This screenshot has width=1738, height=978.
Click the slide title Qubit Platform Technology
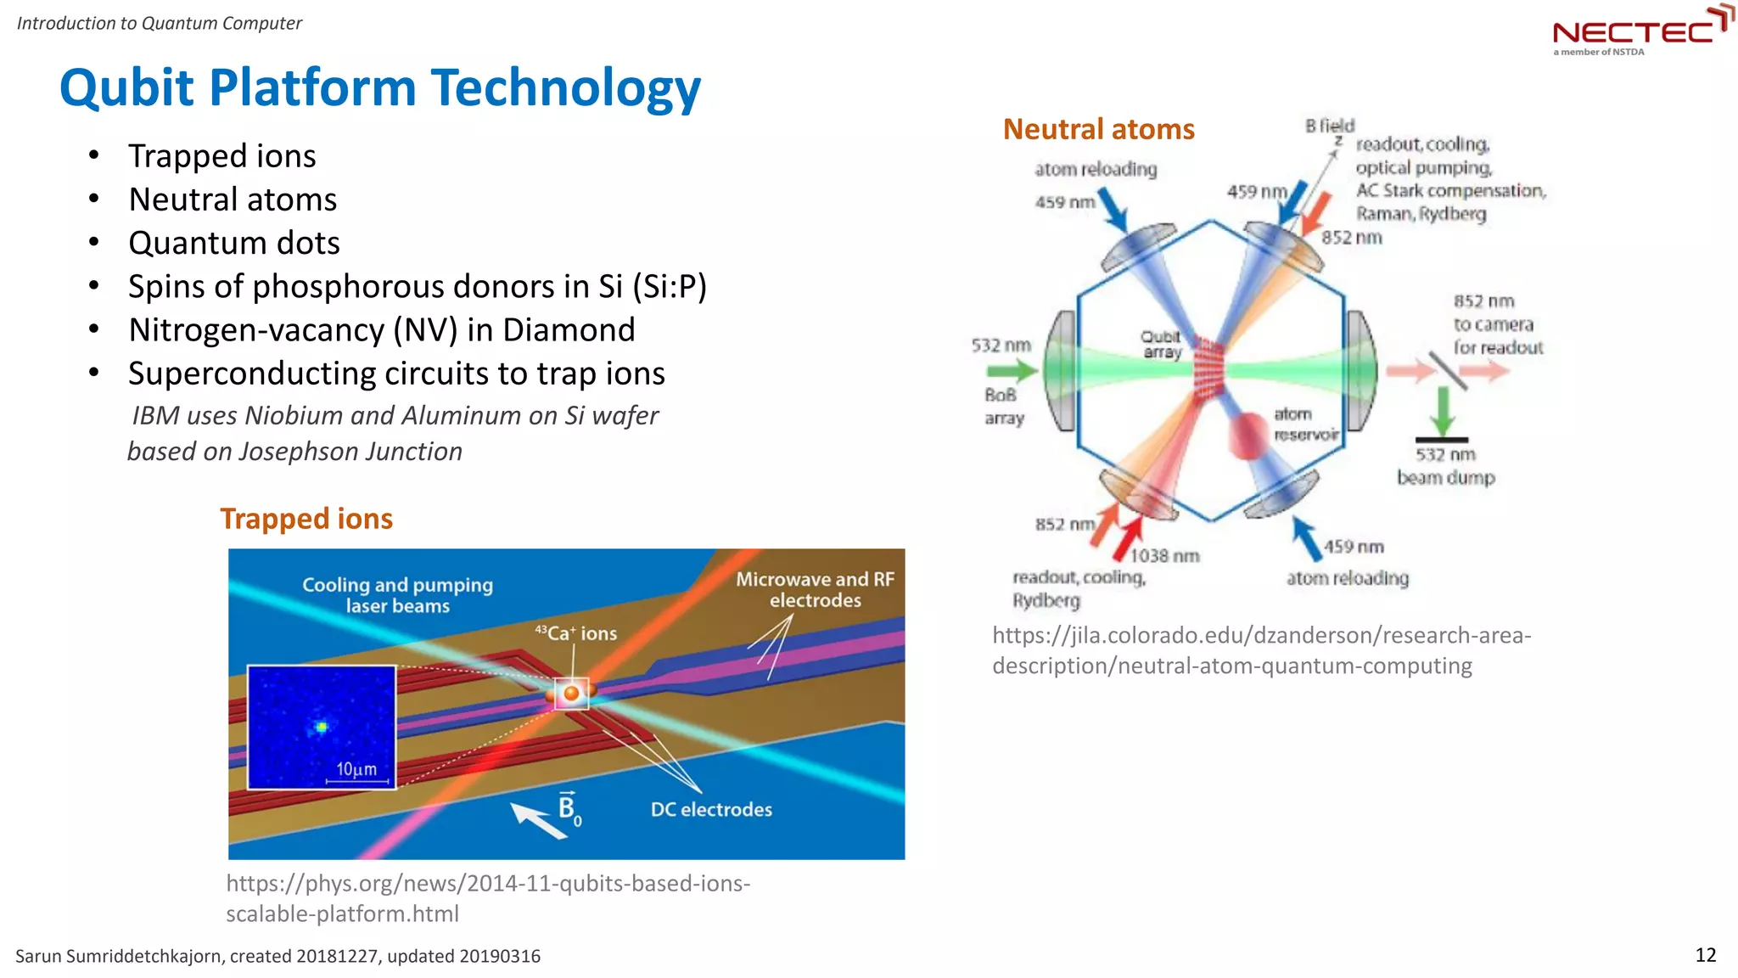click(x=379, y=87)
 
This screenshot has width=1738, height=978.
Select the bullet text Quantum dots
click(x=233, y=243)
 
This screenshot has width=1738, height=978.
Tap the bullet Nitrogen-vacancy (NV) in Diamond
click(x=381, y=329)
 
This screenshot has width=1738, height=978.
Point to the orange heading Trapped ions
click(x=306, y=519)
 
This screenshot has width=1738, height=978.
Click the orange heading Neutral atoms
click(x=1098, y=129)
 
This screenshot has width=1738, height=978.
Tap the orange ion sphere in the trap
click(x=572, y=694)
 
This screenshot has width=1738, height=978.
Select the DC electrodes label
click(x=711, y=809)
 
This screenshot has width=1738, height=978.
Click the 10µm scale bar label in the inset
click(x=356, y=769)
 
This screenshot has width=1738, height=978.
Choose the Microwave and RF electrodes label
click(x=815, y=590)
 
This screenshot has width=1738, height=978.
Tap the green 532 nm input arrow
click(x=1011, y=370)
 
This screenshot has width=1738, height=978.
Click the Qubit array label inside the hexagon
click(x=1161, y=344)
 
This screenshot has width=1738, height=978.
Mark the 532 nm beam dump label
click(x=1445, y=466)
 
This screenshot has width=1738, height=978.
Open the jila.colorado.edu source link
click(x=1261, y=650)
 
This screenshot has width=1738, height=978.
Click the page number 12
click(x=1705, y=955)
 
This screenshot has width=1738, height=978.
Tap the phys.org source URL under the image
click(x=487, y=898)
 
